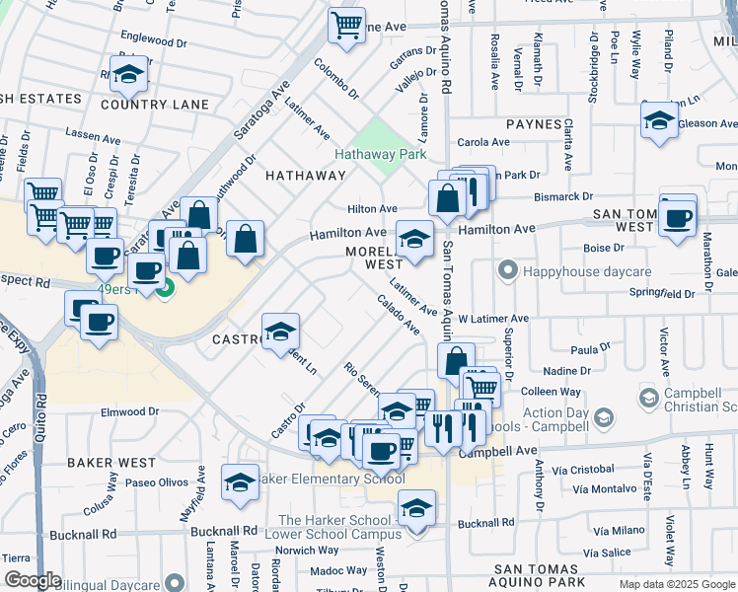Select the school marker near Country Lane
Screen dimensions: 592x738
127,74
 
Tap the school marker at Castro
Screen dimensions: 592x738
280,331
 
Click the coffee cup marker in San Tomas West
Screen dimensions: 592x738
678,217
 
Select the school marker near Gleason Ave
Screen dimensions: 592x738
659,122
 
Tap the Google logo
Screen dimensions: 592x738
34,580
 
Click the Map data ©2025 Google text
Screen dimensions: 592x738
676,584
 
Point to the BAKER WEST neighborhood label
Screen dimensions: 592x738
111,462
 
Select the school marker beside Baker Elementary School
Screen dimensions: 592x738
240,481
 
